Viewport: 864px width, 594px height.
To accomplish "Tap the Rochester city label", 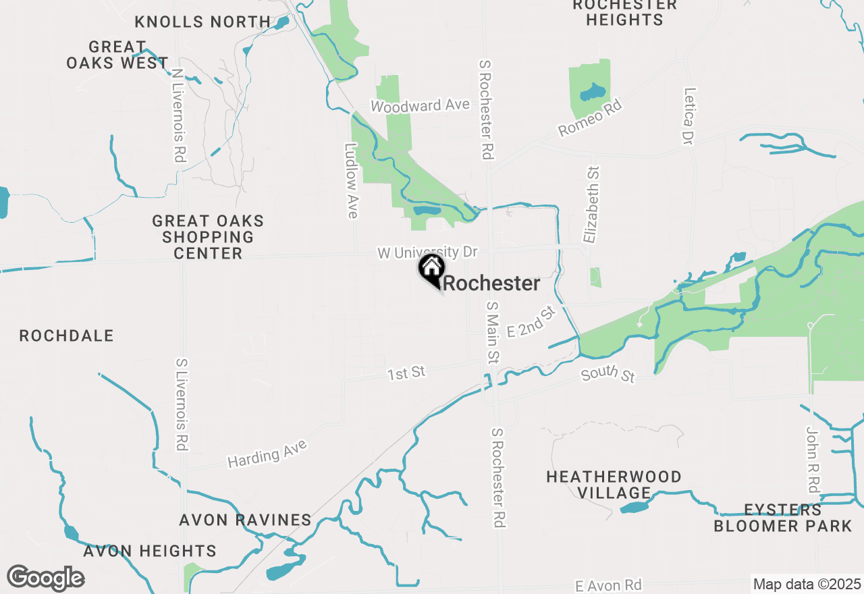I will pyautogui.click(x=491, y=283).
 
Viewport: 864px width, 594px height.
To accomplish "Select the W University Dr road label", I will pyautogui.click(x=427, y=252).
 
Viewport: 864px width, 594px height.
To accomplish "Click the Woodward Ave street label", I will pyautogui.click(x=420, y=106).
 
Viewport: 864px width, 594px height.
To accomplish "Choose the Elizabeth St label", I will pyautogui.click(x=591, y=205).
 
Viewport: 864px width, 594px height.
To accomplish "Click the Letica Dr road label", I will pyautogui.click(x=689, y=115).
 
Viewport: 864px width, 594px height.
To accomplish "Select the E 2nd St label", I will pyautogui.click(x=531, y=321).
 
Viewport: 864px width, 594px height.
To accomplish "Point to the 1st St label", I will pyautogui.click(x=406, y=373).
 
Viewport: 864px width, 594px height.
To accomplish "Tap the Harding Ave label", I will pyautogui.click(x=267, y=453).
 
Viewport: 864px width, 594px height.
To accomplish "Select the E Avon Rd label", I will pyautogui.click(x=608, y=585).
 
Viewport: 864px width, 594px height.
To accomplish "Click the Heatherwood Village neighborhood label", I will pyautogui.click(x=614, y=485).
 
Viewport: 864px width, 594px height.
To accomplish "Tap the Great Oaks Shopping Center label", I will pyautogui.click(x=208, y=237).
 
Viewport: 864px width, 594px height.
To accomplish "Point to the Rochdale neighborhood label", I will pyautogui.click(x=66, y=335).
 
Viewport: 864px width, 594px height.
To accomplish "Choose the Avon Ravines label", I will pyautogui.click(x=245, y=520).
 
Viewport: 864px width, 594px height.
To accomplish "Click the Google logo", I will pyautogui.click(x=45, y=578).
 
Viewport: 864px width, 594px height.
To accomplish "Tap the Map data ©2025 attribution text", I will pyautogui.click(x=807, y=584).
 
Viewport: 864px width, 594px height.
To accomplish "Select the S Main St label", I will pyautogui.click(x=493, y=332).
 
